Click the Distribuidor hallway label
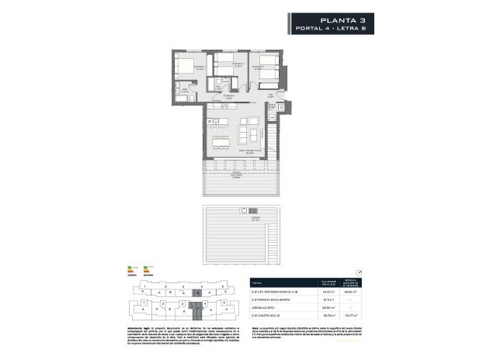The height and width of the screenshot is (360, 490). (x=228, y=97)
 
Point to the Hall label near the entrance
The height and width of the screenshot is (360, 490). (x=269, y=95)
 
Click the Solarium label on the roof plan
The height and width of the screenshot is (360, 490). (x=247, y=220)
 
